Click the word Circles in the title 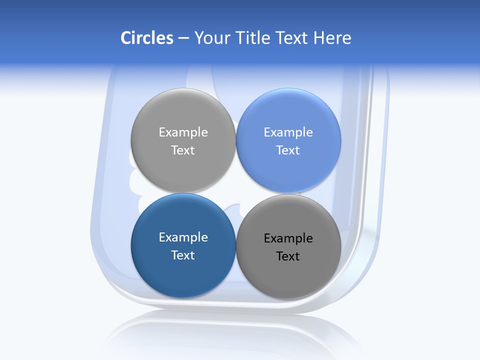pos(147,38)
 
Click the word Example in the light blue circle pos(288,132)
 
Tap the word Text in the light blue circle pos(288,150)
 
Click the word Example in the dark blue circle pos(183,237)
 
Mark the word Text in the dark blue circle pos(183,255)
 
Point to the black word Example pos(288,238)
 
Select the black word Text pos(288,256)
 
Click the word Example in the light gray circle pos(183,132)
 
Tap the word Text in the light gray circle pos(183,150)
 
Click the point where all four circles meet pos(236,193)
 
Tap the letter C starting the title pos(126,38)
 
